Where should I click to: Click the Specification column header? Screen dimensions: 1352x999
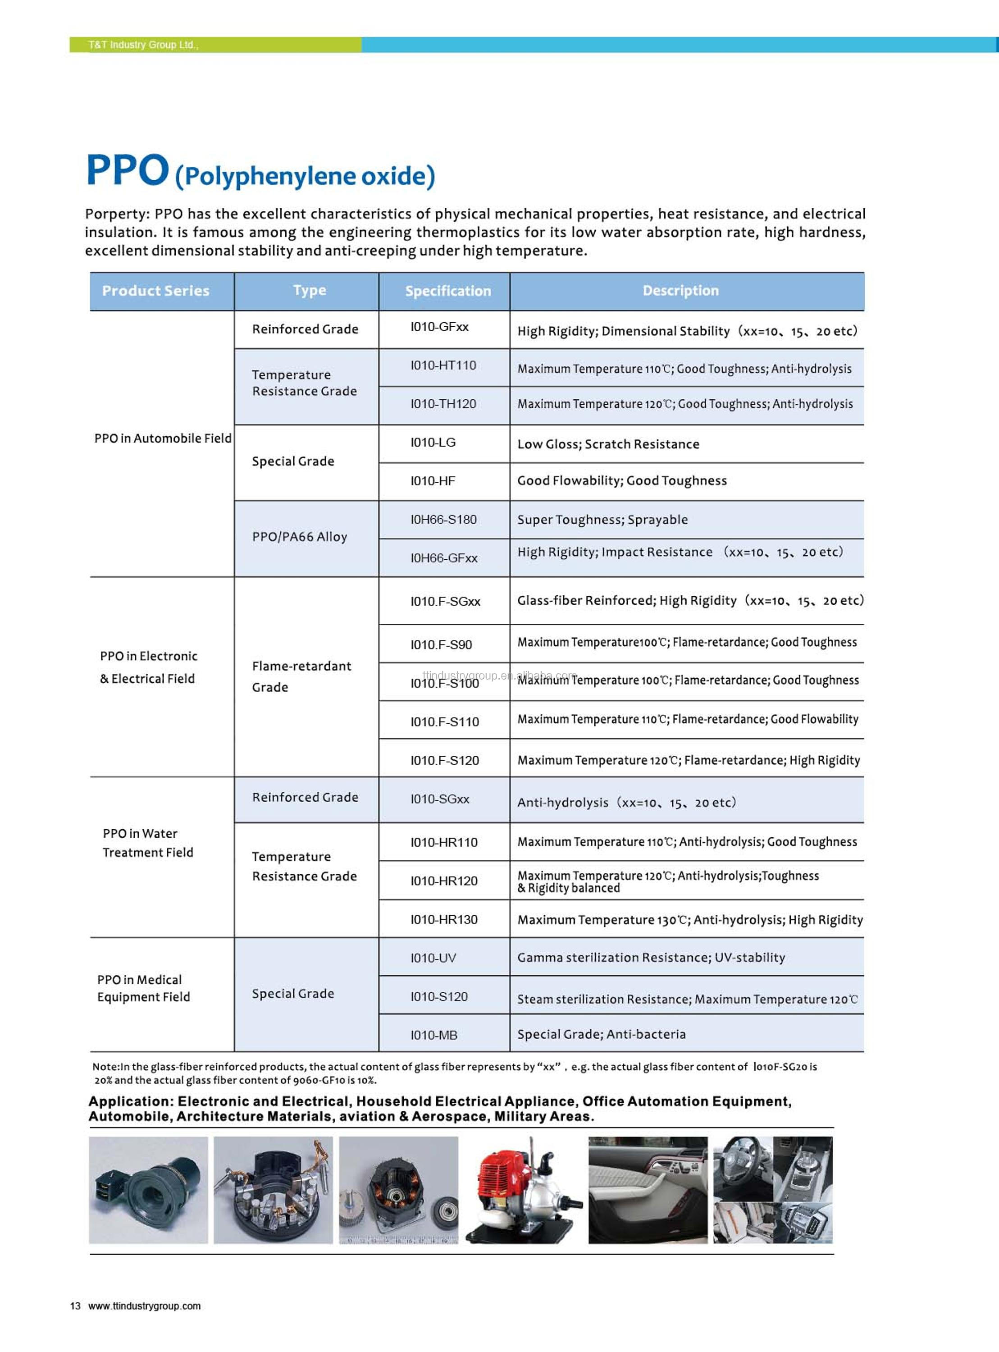pyautogui.click(x=447, y=291)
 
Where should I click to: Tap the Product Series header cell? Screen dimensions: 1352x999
pyautogui.click(x=155, y=291)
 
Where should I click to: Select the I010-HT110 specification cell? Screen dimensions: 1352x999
pyautogui.click(x=443, y=365)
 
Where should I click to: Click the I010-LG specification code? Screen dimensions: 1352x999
pyautogui.click(x=433, y=443)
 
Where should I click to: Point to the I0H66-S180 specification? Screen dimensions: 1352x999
pyautogui.click(x=443, y=520)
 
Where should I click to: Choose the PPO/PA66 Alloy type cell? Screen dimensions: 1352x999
pyautogui.click(x=299, y=537)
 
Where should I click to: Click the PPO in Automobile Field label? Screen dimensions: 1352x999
pyautogui.click(x=163, y=438)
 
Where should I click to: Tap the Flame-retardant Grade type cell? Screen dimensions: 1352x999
pyautogui.click(x=301, y=676)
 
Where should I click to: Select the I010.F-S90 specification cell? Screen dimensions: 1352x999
pyautogui.click(x=441, y=644)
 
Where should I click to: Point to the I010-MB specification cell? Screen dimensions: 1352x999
pyautogui.click(x=433, y=1035)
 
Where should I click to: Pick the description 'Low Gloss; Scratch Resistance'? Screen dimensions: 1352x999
pyautogui.click(x=608, y=444)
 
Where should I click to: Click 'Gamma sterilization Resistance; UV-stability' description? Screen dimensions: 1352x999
pyautogui.click(x=651, y=957)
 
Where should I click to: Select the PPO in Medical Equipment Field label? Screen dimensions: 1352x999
pyautogui.click(x=143, y=988)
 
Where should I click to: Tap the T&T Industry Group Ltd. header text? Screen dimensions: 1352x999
pyautogui.click(x=143, y=45)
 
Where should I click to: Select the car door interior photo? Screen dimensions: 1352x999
pyautogui.click(x=648, y=1189)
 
